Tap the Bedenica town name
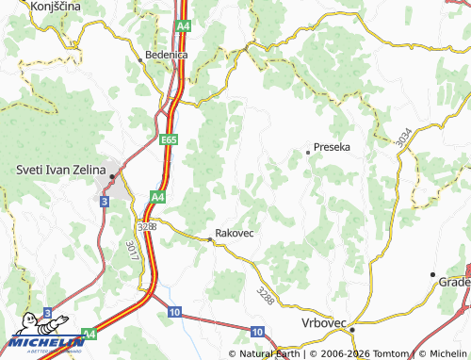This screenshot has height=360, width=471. [x=167, y=55]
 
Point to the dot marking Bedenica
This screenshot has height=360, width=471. [x=142, y=58]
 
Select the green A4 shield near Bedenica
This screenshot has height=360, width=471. [x=182, y=26]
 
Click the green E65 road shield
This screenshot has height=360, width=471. [x=169, y=139]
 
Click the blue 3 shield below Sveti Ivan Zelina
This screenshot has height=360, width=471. [x=105, y=201]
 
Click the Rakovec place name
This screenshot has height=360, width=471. [x=235, y=232]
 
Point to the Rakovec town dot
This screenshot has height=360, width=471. [x=210, y=239]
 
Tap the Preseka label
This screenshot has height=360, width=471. [x=332, y=148]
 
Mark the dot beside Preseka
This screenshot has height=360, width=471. [x=308, y=151]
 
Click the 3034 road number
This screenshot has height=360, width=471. [x=403, y=138]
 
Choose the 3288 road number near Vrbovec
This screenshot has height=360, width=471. [x=265, y=295]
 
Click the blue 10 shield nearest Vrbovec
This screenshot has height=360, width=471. [x=257, y=332]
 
